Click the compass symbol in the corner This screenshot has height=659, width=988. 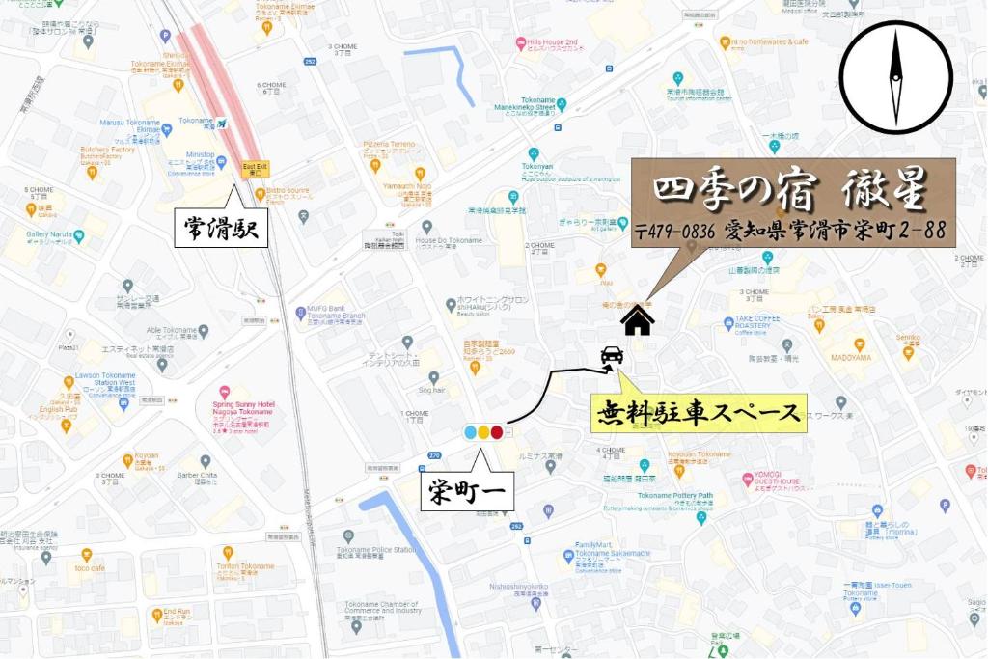pyautogui.click(x=895, y=77)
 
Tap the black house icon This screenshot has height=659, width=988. pyautogui.click(x=637, y=320)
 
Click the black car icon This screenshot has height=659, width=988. pyautogui.click(x=611, y=357)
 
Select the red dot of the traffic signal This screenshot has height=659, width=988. pyautogui.click(x=497, y=432)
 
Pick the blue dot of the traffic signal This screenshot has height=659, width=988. pyautogui.click(x=471, y=432)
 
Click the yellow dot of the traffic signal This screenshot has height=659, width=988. pyautogui.click(x=483, y=432)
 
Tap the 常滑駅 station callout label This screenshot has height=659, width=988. pyautogui.click(x=221, y=229)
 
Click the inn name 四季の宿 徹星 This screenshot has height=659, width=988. pyautogui.click(x=791, y=190)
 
